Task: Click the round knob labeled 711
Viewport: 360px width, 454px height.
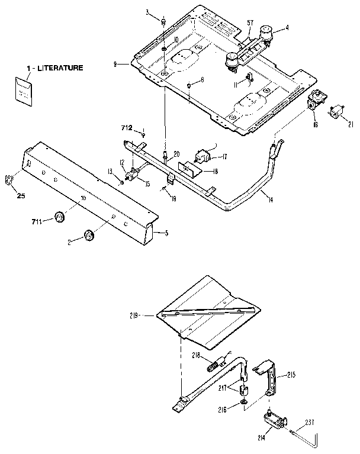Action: [x=59, y=217]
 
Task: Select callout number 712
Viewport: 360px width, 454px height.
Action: [x=126, y=128]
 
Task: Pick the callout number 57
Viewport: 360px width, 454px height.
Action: [x=250, y=23]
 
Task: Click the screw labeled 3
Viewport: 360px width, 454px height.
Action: [x=161, y=22]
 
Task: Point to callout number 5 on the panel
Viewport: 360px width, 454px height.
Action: [x=166, y=233]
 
